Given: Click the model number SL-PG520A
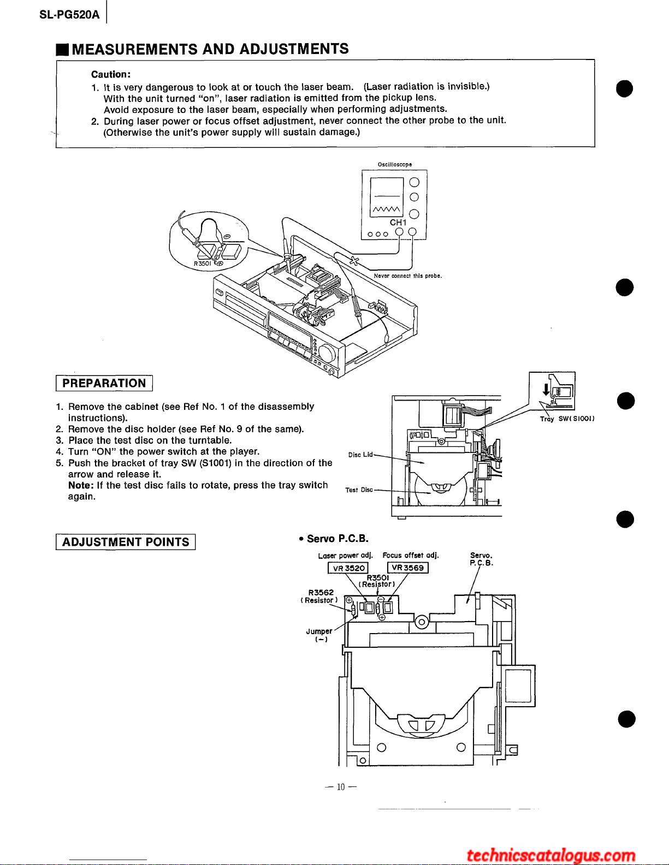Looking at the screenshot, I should click(69, 15).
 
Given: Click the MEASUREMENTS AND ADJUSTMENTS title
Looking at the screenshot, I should click(210, 49).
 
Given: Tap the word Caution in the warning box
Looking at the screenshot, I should click(110, 74).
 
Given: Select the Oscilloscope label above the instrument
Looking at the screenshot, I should click(394, 164).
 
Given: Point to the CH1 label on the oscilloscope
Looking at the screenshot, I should click(398, 223).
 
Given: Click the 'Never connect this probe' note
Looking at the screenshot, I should click(407, 276).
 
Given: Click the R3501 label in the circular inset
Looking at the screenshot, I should click(202, 264).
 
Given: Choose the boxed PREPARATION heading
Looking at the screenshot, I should click(104, 383).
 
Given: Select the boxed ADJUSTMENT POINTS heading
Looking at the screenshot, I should click(126, 542).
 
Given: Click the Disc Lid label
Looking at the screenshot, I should click(360, 455).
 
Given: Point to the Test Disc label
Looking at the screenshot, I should click(359, 490).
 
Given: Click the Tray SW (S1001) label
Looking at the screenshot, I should click(567, 419).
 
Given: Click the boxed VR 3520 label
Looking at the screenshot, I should click(348, 568).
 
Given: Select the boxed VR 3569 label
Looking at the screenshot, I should click(407, 568).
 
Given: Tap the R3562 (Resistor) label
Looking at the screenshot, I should click(320, 596).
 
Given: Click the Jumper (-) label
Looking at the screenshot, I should click(319, 635).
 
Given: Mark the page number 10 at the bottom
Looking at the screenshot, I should click(341, 787).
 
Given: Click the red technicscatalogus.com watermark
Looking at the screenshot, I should click(551, 855).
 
